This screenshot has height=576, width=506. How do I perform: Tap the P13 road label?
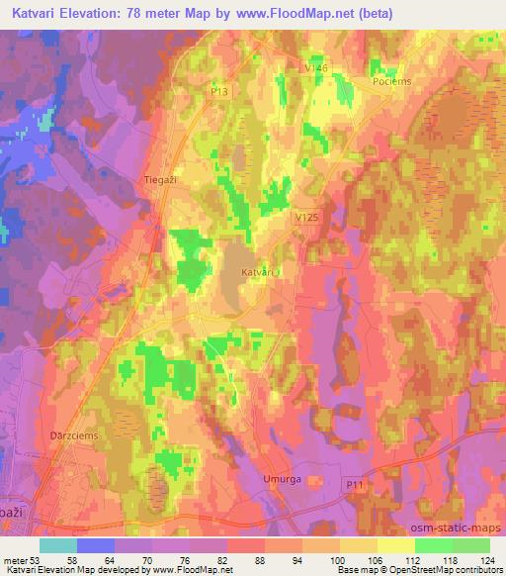click(218, 90)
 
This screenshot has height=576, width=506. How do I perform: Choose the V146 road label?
click(315, 66)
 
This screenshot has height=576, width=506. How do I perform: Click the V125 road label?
click(307, 215)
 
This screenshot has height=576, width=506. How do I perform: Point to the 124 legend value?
click(489, 558)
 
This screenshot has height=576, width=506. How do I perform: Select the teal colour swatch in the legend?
click(58, 545)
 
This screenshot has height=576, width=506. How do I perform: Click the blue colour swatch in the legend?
click(96, 545)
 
